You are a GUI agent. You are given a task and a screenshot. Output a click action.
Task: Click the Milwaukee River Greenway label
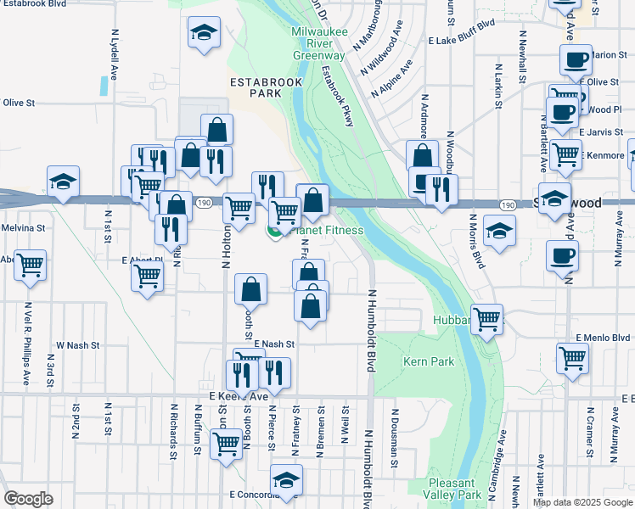click(x=318, y=43)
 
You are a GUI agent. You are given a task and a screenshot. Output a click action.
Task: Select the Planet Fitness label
click(x=327, y=230)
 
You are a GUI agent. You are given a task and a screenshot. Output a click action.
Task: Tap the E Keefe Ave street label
click(x=238, y=395)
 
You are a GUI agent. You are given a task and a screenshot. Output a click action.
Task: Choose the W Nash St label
click(x=78, y=345)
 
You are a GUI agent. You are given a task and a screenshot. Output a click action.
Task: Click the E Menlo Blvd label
click(x=603, y=337)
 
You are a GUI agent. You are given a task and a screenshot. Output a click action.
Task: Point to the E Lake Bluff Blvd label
click(x=461, y=39)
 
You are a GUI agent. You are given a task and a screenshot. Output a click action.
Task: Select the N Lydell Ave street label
click(x=114, y=52)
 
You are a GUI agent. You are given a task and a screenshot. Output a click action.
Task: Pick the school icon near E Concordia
click(x=286, y=480)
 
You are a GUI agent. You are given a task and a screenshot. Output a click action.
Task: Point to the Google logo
click(x=28, y=499)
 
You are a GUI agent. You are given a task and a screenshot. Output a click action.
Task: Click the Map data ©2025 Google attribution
click(x=582, y=502)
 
